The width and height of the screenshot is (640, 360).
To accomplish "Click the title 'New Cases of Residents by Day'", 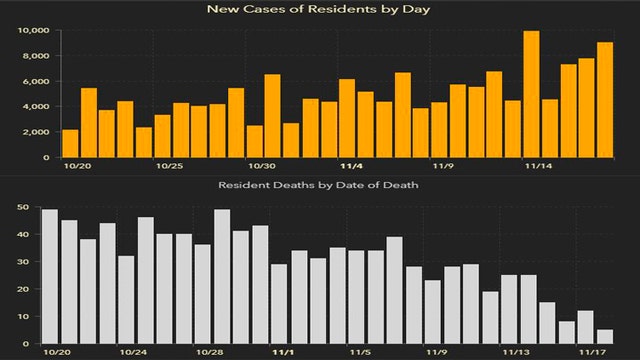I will (x=319, y=9).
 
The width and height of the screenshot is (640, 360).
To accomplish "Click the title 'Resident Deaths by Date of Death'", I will (x=319, y=186).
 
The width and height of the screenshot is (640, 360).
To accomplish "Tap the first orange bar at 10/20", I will (x=70, y=143).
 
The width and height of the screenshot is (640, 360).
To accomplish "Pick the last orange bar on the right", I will (x=605, y=100).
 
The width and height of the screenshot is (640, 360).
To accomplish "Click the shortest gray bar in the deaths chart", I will (x=605, y=337).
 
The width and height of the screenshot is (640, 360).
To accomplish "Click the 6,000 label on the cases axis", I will (x=36, y=81).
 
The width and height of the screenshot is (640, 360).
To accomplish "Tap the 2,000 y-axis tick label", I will (x=36, y=132).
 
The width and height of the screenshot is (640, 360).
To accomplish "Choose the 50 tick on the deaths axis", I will (x=22, y=207).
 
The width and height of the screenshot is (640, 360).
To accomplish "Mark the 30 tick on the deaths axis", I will (x=22, y=262).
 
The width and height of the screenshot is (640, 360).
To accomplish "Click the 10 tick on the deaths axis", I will (x=22, y=317).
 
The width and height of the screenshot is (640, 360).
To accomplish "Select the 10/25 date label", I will (x=169, y=167).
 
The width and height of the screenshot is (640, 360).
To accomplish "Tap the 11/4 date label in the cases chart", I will (x=353, y=167).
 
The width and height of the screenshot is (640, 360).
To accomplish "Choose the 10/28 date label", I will (x=209, y=353).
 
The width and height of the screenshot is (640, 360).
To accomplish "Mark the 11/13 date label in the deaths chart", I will (x=517, y=353).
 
